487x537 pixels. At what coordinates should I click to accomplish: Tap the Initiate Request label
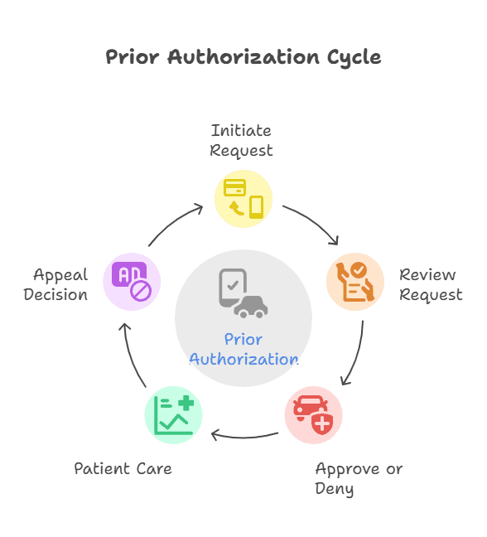241,140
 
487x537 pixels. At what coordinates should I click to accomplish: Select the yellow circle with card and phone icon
243,199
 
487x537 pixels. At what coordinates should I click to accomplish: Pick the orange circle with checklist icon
355,281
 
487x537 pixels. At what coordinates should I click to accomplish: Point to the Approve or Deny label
359,478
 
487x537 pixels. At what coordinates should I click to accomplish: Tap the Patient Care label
123,468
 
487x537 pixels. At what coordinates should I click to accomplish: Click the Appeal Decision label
55,284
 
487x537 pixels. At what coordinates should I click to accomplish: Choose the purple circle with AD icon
132,281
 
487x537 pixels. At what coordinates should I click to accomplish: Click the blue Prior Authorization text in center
243,349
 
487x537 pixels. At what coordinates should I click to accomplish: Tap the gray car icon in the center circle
250,306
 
